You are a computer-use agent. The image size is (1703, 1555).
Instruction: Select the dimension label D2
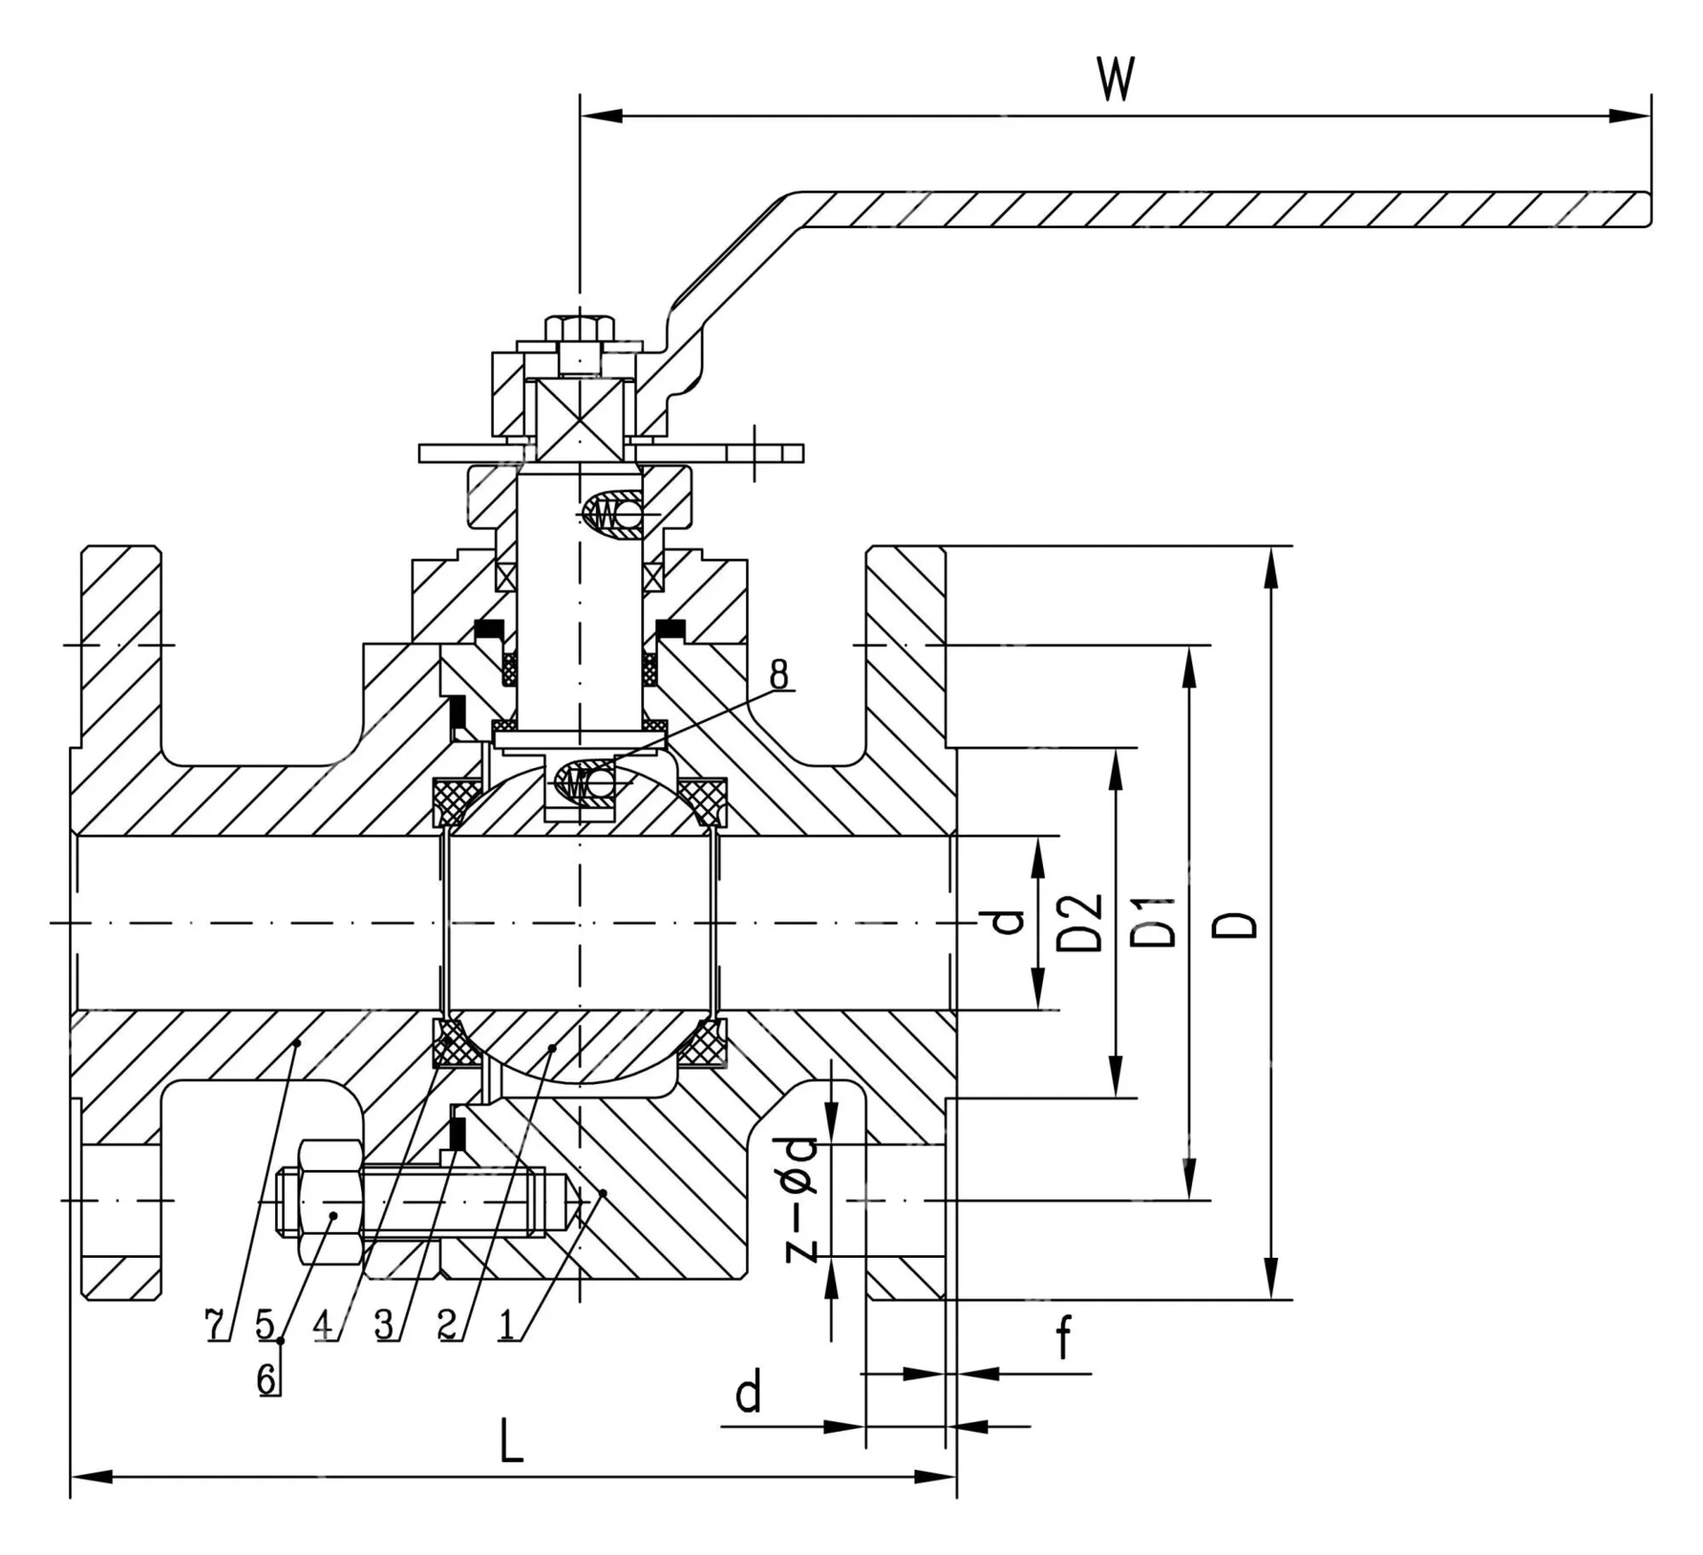pyautogui.click(x=1080, y=923)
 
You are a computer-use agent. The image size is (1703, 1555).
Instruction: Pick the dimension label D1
pyautogui.click(x=1155, y=923)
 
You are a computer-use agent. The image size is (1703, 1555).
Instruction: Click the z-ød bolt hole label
pyautogui.click(x=801, y=1198)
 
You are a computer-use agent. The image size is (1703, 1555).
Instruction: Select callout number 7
pyautogui.click(x=216, y=1324)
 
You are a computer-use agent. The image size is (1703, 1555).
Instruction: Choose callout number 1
pyautogui.click(x=507, y=1324)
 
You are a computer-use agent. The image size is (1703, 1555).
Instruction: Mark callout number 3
pyautogui.click(x=383, y=1324)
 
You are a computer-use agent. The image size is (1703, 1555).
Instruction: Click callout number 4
pyautogui.click(x=324, y=1324)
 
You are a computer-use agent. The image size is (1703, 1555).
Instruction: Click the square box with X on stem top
pyautogui.click(x=580, y=420)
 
